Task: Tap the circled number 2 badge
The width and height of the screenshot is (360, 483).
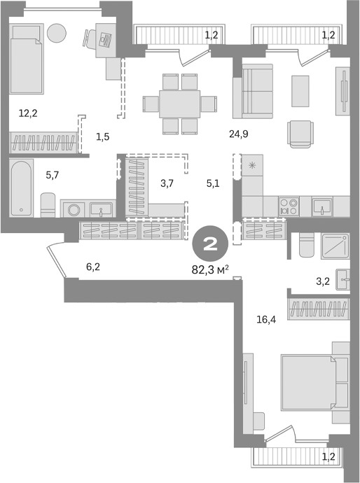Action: point(208,244)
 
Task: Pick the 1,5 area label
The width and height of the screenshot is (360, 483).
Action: point(102,136)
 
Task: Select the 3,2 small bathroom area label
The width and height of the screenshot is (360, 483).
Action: point(323,282)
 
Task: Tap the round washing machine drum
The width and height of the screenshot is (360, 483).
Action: point(74,209)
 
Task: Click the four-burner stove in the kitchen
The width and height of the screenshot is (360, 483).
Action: point(289,206)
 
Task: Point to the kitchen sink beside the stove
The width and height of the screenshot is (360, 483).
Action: point(322,206)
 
